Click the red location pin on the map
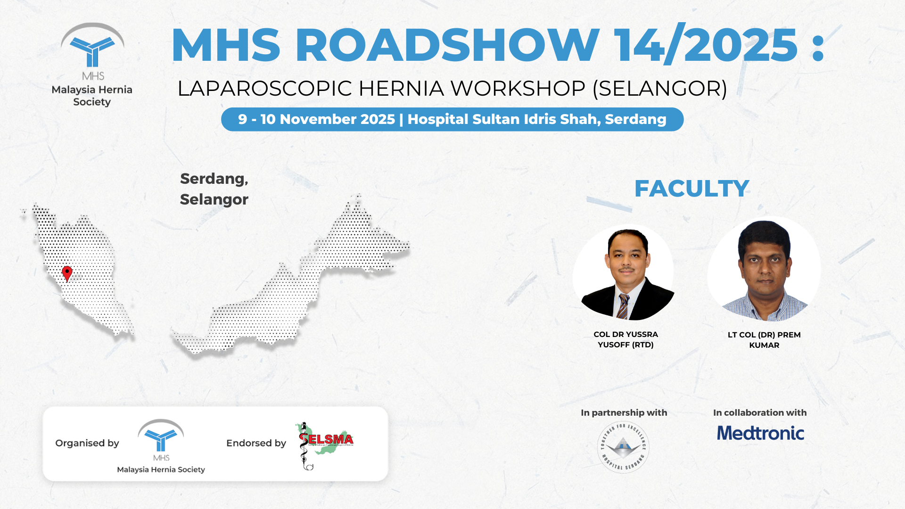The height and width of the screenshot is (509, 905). click(x=67, y=273)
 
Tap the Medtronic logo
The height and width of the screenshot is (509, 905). click(x=760, y=433)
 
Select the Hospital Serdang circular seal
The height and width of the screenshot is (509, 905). click(x=623, y=447)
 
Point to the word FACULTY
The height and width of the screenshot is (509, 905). click(x=691, y=189)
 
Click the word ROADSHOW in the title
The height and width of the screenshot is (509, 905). click(x=447, y=45)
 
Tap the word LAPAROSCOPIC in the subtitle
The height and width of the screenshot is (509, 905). click(x=264, y=89)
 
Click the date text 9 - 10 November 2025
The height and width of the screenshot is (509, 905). click(x=316, y=119)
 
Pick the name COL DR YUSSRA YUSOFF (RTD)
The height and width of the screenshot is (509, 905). click(x=625, y=339)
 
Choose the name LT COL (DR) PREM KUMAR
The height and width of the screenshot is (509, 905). click(x=764, y=340)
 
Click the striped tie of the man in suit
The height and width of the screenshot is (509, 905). click(x=623, y=306)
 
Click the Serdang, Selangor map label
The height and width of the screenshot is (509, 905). click(x=214, y=189)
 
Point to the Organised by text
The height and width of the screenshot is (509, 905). click(x=87, y=443)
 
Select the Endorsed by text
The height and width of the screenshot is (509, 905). click(x=256, y=443)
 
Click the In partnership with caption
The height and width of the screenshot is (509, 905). click(x=624, y=413)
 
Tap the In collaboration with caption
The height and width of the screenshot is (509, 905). click(x=760, y=413)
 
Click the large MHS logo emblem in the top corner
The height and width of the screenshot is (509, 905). click(x=92, y=47)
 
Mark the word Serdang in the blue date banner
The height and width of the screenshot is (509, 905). click(x=635, y=119)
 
